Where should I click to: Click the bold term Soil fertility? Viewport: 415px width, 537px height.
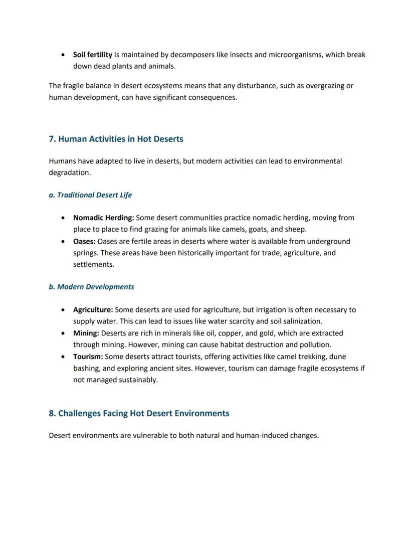pos(92,55)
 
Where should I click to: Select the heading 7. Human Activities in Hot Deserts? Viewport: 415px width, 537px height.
pos(116,139)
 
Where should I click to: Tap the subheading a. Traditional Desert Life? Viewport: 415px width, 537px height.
pos(90,195)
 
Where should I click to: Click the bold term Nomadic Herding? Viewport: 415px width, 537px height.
pos(103,218)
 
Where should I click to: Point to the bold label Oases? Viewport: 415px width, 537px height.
pos(84,241)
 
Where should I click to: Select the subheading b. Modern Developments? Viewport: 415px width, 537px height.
pos(91,287)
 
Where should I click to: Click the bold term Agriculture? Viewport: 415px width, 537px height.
pos(93,310)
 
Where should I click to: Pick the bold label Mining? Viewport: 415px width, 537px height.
pos(86,333)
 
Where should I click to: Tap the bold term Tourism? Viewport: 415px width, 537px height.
pos(88,356)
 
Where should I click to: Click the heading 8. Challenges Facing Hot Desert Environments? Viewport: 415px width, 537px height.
pos(139,413)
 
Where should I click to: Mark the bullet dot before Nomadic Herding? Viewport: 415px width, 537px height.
pos(62,218)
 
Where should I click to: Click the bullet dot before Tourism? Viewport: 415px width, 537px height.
pos(62,357)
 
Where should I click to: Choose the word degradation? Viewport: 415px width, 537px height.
pos(69,172)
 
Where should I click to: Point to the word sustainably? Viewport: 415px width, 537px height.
pos(136,380)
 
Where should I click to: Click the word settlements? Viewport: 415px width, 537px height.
pos(93,264)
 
